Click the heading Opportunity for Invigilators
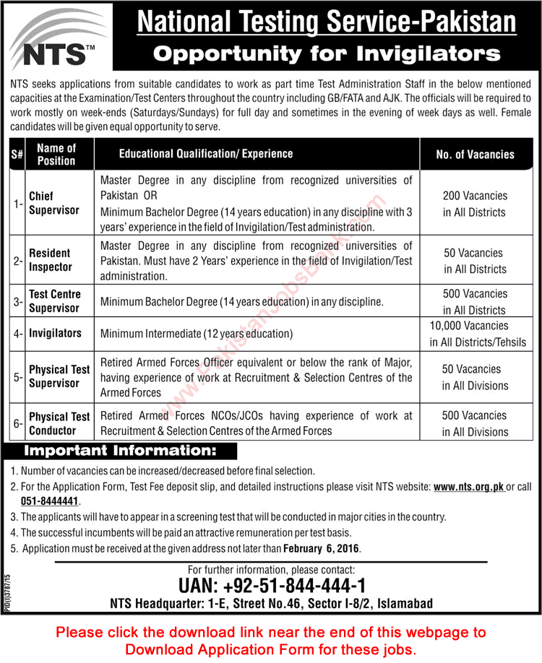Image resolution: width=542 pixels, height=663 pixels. point(328,53)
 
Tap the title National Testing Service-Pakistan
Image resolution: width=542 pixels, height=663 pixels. point(327,22)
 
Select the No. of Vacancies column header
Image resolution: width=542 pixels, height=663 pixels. point(476,154)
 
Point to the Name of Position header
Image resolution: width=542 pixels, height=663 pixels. point(56,154)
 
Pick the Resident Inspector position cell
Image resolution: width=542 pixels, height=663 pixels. point(51,260)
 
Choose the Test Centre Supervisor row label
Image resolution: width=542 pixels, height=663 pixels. point(55,301)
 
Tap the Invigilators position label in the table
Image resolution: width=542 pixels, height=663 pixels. point(55,334)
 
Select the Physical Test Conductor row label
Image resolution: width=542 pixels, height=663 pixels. point(59,423)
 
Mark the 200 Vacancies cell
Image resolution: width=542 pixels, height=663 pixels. point(476,204)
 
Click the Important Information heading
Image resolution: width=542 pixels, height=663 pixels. point(120,451)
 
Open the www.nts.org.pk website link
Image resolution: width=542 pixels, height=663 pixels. point(469,487)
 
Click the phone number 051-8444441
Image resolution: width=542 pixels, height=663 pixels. point(50,500)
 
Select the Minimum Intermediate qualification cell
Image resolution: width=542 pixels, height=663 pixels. point(197,334)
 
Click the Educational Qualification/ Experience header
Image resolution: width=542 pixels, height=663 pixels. point(206,154)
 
